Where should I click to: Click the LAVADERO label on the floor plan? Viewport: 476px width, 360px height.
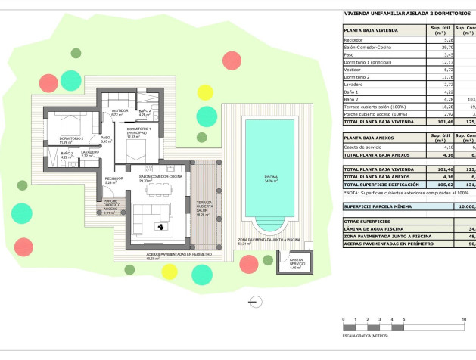[x=91, y=153]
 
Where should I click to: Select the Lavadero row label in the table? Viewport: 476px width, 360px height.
[x=356, y=84]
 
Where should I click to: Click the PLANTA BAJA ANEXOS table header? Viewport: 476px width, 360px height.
[x=372, y=138]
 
